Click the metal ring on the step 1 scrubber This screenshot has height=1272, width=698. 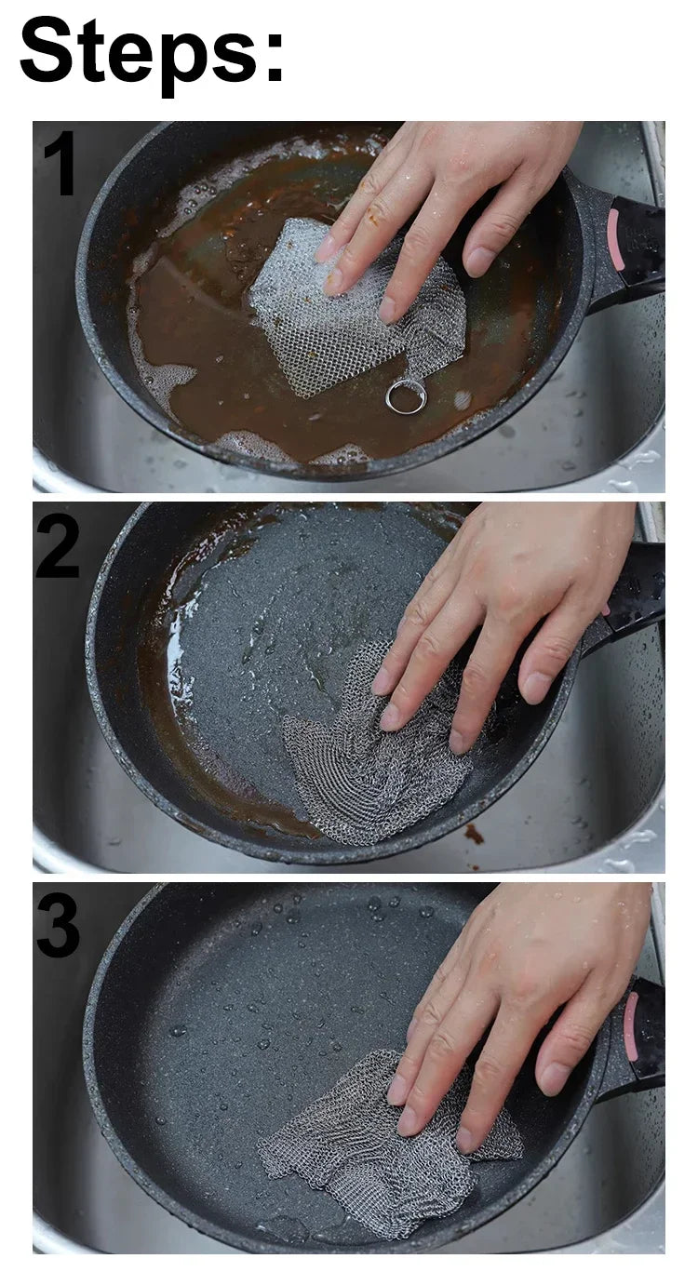406,397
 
